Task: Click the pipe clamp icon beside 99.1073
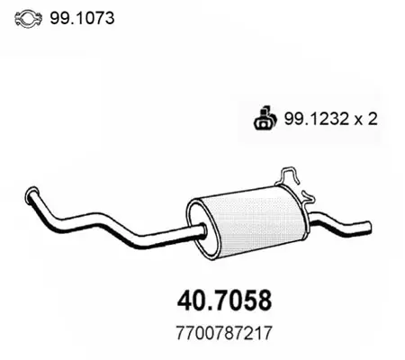28,19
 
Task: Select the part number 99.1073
82,18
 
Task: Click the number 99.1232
317,119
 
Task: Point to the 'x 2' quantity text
366,119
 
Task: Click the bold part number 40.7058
224,301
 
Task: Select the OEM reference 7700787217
224,333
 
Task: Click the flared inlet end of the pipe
31,195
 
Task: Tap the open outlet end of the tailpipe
368,226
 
